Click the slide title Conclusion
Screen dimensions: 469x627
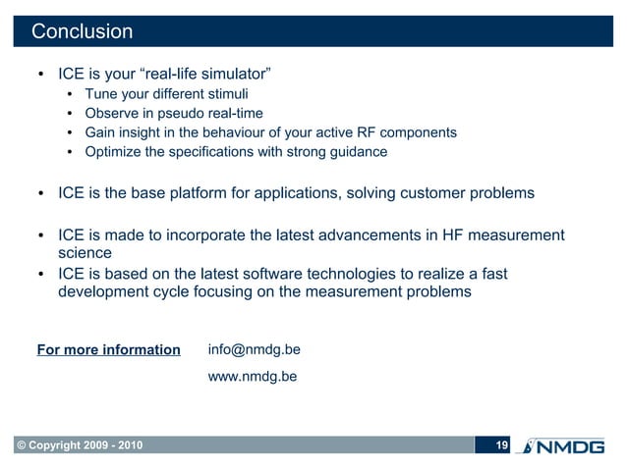coord(82,31)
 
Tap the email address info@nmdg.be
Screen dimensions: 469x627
coord(255,349)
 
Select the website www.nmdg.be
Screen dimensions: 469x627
coord(253,376)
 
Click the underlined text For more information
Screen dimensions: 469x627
coord(108,350)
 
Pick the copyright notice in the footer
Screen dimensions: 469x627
coord(78,447)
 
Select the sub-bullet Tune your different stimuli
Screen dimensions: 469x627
coord(166,95)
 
